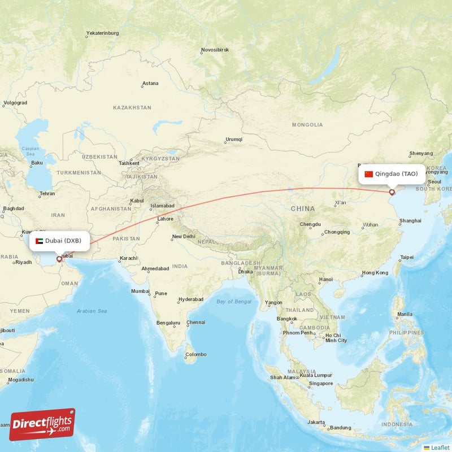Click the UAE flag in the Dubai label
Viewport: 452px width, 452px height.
tap(39, 241)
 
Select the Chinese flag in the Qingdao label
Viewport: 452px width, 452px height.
tap(369, 173)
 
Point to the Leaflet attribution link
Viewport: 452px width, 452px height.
tap(437, 447)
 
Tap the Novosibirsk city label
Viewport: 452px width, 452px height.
tap(215, 50)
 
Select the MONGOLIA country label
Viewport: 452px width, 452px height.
tap(307, 124)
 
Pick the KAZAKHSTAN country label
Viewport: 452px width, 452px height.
tap(132, 107)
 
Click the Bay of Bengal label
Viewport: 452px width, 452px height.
tap(234, 302)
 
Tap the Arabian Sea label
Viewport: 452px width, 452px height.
tap(92, 311)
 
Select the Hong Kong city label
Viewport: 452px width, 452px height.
tap(375, 273)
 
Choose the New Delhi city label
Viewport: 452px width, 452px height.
tap(184, 237)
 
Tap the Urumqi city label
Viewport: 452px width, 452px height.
tap(234, 139)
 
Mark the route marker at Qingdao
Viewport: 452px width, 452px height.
tap(392, 193)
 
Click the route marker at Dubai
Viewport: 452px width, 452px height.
tap(59, 260)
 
